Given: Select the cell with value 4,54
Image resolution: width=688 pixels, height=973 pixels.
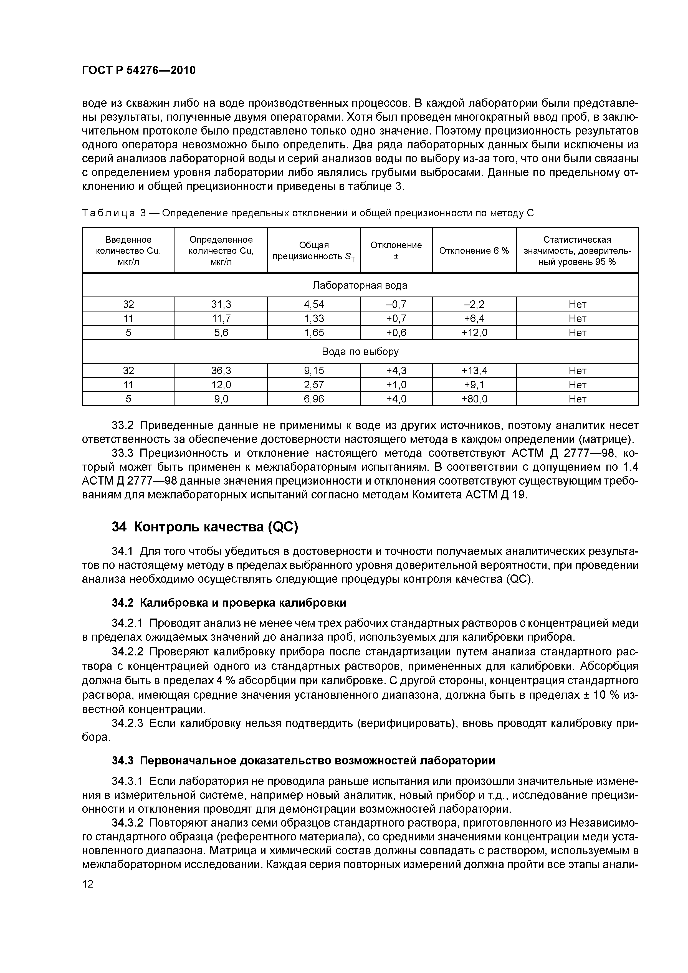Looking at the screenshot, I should (x=314, y=304).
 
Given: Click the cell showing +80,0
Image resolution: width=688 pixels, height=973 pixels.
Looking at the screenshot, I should (x=474, y=399).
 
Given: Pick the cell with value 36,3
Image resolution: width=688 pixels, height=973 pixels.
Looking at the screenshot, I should (x=221, y=371).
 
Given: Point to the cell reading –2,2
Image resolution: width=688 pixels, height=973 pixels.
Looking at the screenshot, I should (x=474, y=304).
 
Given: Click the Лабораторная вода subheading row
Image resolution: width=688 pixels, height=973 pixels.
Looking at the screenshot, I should (x=360, y=285).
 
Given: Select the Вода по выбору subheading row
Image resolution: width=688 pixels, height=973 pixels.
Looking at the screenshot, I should (x=360, y=352).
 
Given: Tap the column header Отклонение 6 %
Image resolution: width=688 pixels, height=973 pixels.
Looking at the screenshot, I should (x=474, y=250).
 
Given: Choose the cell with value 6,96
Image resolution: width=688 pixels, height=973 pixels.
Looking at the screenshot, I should (x=314, y=399).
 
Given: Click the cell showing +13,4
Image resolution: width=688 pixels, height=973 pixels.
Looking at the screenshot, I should (x=474, y=371).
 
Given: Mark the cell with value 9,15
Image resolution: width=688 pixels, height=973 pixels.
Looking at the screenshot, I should (x=314, y=371).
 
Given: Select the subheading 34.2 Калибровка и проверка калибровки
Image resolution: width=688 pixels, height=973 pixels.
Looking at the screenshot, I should (x=229, y=603).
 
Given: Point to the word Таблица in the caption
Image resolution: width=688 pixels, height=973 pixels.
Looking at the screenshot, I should (x=108, y=213).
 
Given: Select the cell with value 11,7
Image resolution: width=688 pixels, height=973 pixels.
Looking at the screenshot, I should (x=221, y=318).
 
